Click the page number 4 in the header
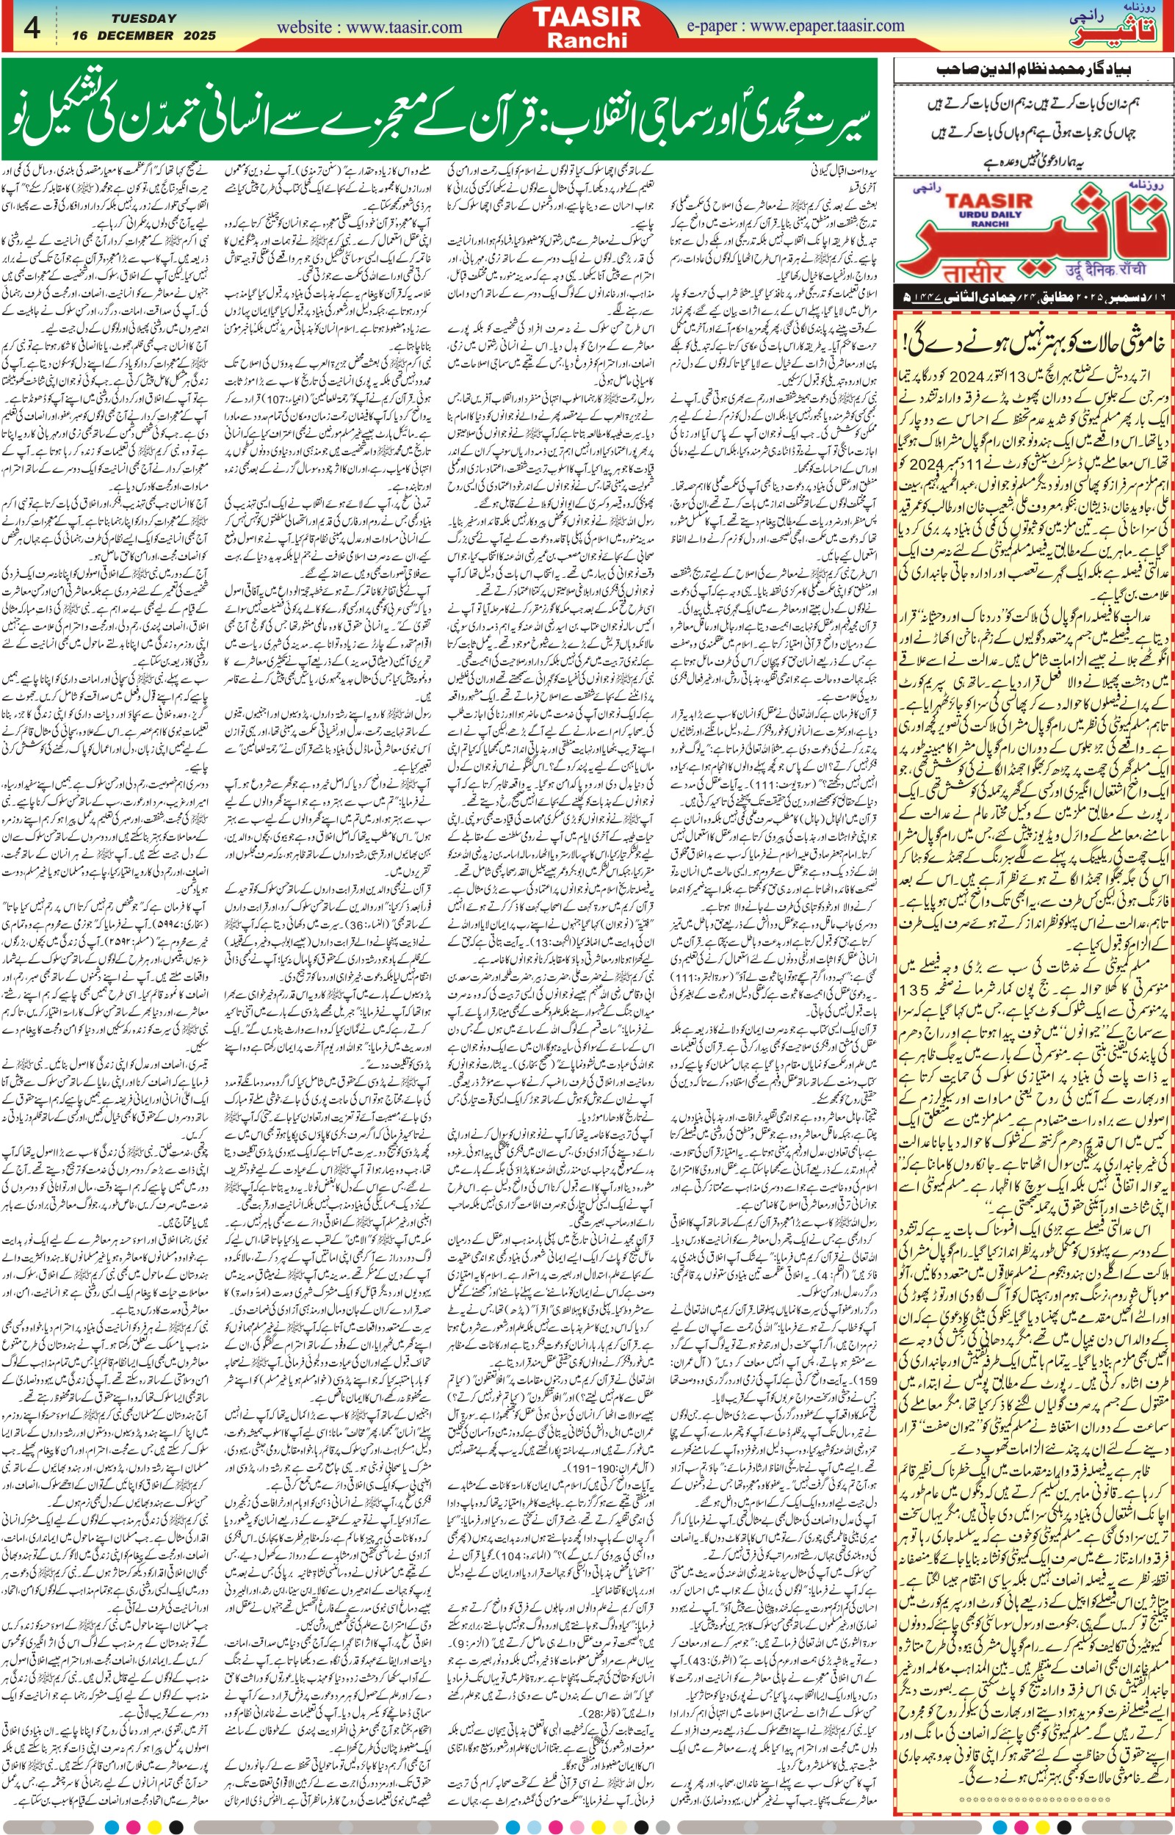click(32, 27)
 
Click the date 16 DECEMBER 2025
click(144, 35)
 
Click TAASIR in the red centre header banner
click(586, 17)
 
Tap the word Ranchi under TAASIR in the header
click(586, 40)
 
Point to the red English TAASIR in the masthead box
click(988, 201)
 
